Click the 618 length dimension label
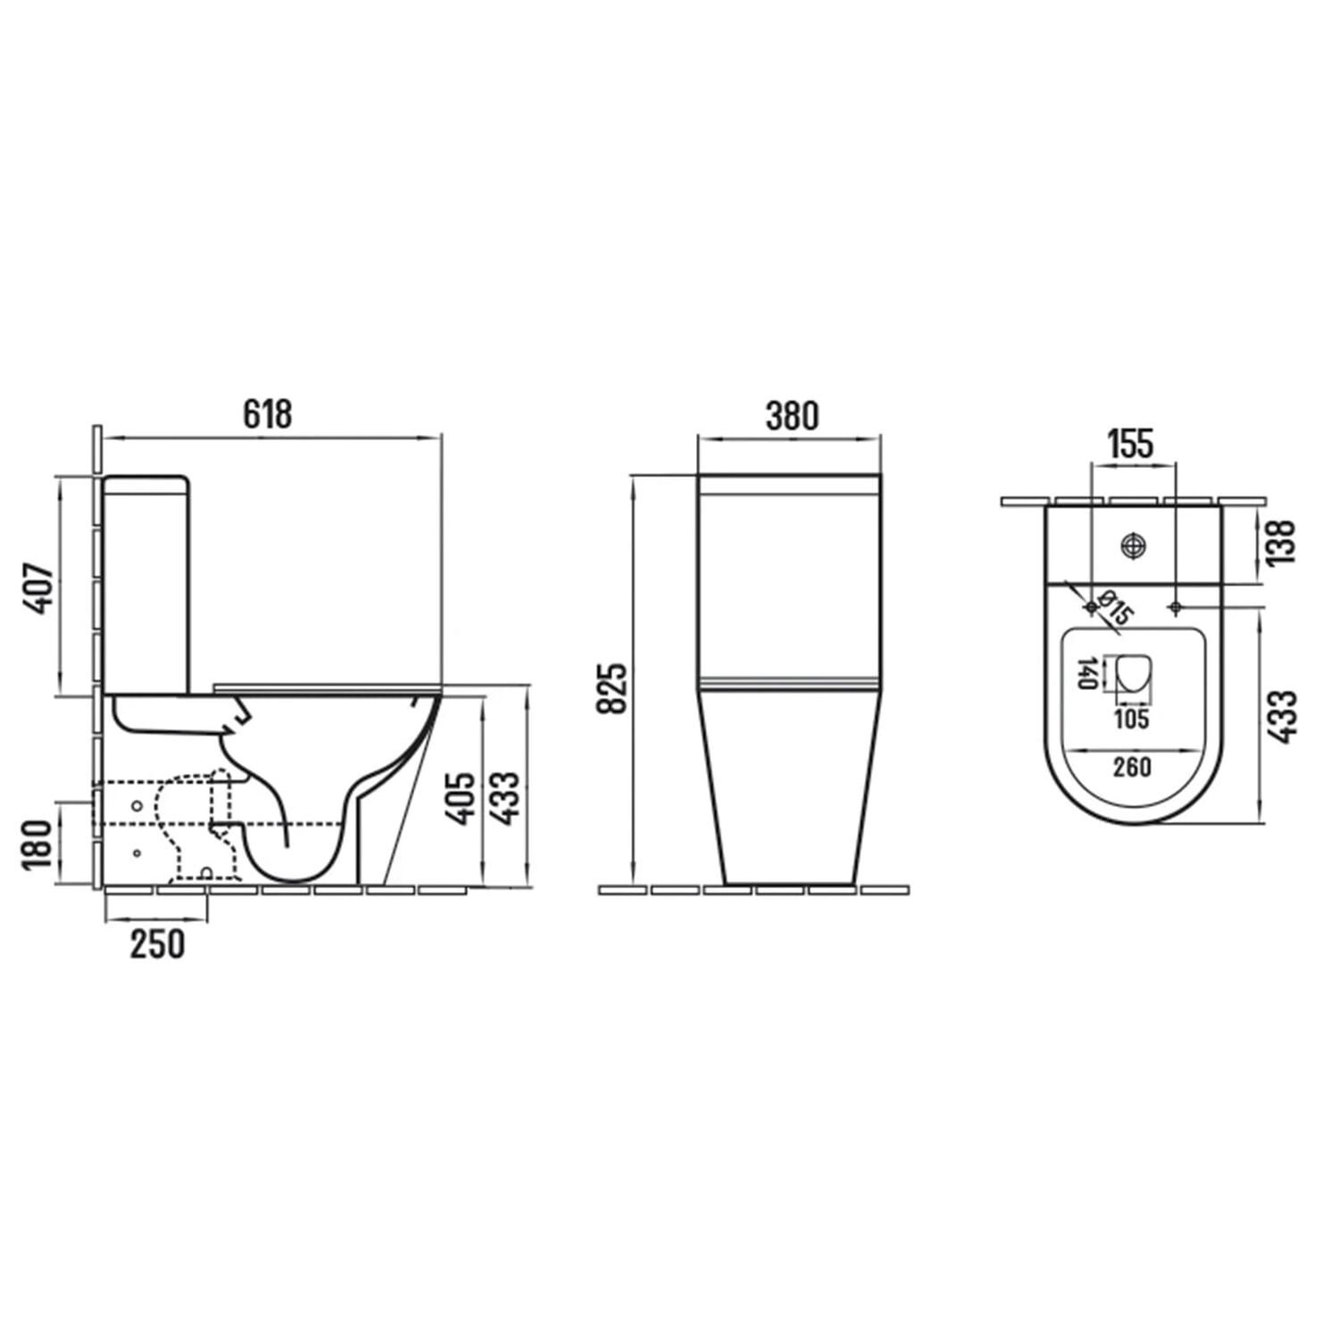[x=268, y=414]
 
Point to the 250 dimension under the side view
[x=158, y=944]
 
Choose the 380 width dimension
[x=791, y=416]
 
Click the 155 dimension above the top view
[x=1131, y=443]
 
